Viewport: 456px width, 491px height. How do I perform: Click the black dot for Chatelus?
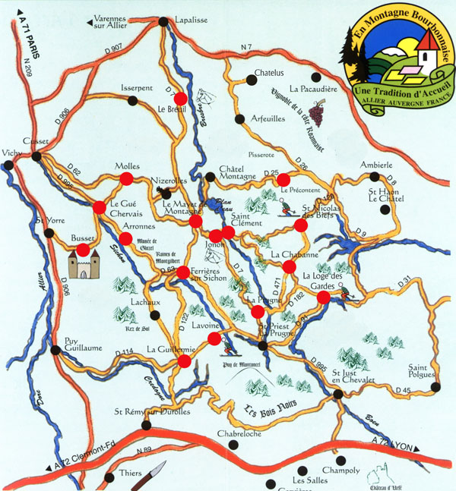[x=251, y=77]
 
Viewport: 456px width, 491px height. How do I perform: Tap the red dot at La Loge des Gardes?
[x=323, y=297]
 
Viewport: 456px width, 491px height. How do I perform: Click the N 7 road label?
[x=245, y=49]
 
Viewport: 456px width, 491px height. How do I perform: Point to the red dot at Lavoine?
[x=214, y=338]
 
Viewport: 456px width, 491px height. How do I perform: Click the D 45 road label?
[x=404, y=390]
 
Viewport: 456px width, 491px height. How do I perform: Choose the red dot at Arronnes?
[x=126, y=238]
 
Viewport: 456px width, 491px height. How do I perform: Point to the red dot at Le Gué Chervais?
[x=100, y=206]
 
